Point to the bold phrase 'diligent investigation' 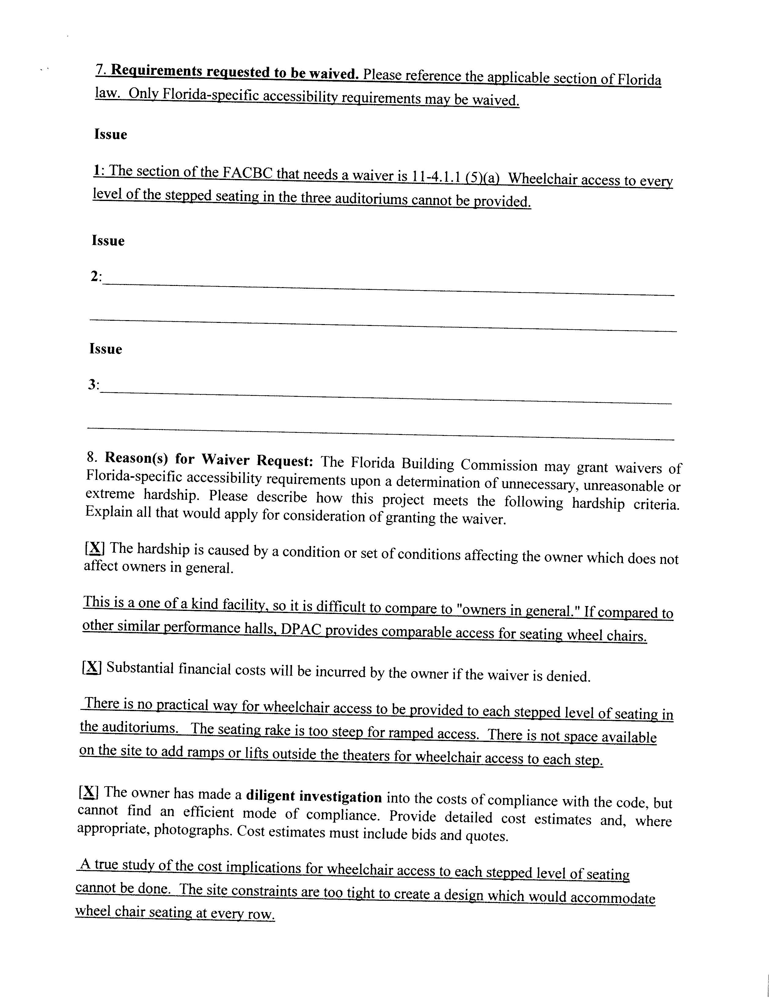(x=314, y=796)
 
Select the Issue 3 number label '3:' (x=94, y=385)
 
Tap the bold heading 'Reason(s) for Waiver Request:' (x=209, y=459)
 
